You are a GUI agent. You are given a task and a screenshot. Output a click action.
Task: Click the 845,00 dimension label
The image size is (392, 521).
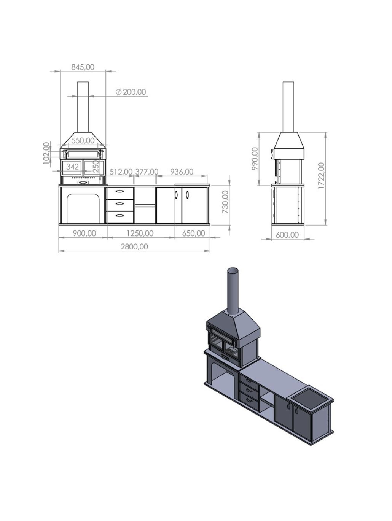point(83,67)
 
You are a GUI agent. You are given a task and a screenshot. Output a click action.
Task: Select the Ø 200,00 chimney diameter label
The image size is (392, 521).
point(131,92)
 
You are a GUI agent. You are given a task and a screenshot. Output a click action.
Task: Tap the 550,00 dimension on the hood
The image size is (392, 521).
point(83,140)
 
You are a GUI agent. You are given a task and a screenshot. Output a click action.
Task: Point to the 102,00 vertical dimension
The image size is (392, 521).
point(47,153)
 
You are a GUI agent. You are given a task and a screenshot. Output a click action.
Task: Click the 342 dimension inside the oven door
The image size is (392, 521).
point(72,167)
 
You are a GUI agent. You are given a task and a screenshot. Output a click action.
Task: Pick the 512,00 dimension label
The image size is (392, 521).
point(121,172)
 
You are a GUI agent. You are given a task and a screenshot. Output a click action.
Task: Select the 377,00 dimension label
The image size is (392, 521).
point(147,172)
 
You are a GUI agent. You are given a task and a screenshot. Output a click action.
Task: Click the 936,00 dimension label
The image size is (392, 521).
point(182,172)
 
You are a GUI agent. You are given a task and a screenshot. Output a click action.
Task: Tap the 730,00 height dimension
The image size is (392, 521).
point(225,202)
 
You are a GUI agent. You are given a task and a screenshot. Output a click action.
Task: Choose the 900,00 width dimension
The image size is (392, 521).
point(84,233)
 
